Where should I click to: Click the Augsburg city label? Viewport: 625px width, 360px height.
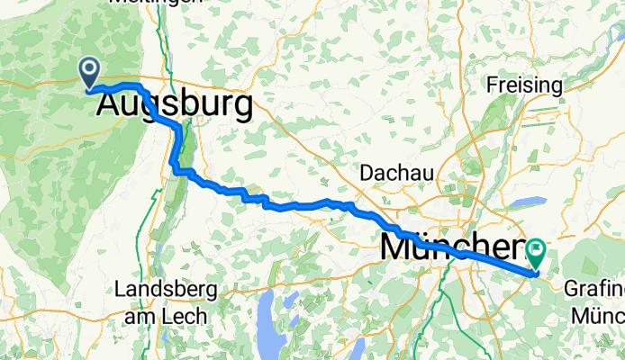[173, 106]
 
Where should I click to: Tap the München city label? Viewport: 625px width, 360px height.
[453, 246]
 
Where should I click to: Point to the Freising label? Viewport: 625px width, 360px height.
[524, 86]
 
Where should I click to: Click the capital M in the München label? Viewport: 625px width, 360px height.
[397, 246]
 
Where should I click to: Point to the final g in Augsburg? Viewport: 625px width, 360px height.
[240, 109]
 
